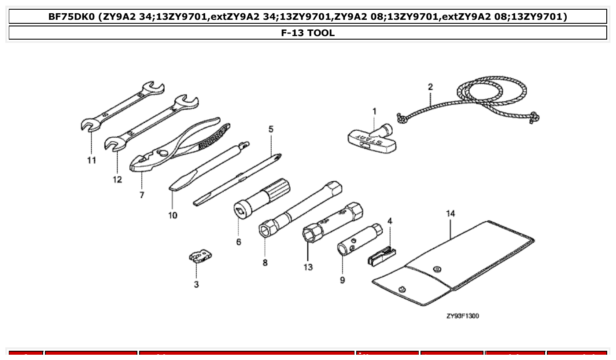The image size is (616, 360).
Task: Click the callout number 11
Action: click(91, 160)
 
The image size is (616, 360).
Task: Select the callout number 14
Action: click(450, 214)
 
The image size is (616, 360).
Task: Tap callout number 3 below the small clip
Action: click(196, 284)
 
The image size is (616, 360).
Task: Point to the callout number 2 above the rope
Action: click(430, 87)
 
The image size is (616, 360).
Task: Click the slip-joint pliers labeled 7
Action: click(176, 146)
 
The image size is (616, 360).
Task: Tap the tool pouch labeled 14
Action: click(454, 264)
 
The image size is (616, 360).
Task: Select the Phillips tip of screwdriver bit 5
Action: click(279, 155)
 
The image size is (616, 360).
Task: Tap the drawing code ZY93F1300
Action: click(462, 316)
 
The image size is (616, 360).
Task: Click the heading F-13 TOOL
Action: click(308, 33)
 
